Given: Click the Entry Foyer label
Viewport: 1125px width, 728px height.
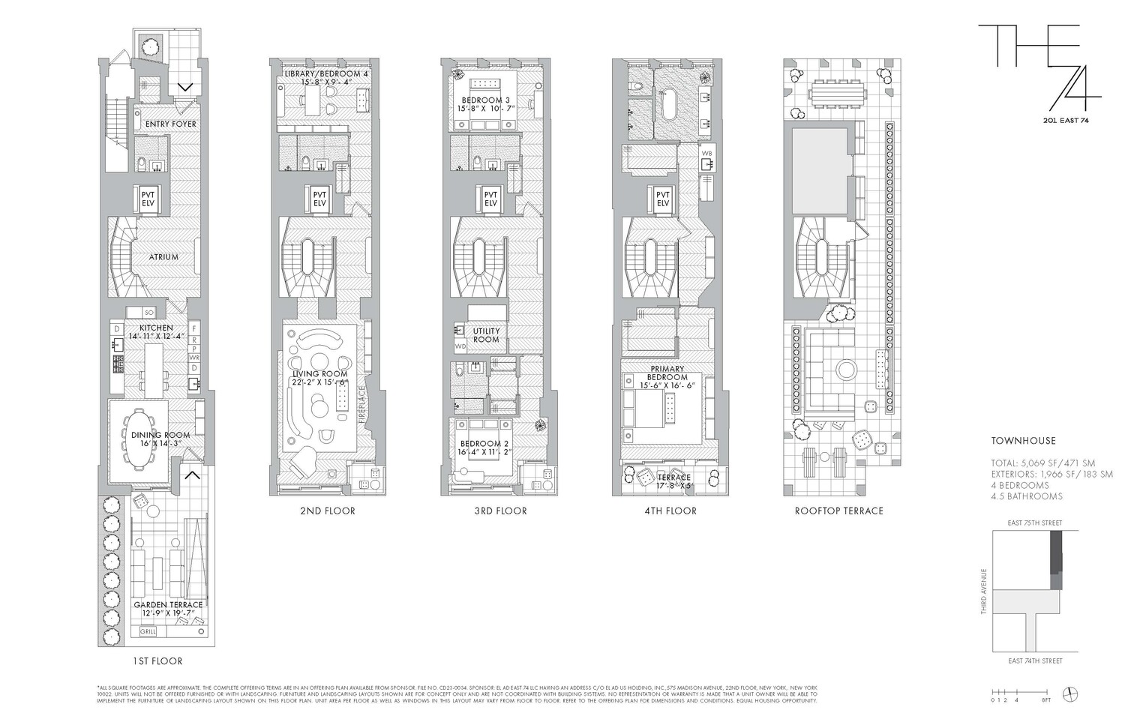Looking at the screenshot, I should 170,124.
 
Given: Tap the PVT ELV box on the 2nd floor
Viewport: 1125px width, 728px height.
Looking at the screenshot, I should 319,199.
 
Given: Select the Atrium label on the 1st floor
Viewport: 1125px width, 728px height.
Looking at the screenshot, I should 163,257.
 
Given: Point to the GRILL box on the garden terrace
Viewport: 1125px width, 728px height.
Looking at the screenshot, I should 150,632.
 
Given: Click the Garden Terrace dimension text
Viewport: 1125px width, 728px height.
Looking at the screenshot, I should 168,613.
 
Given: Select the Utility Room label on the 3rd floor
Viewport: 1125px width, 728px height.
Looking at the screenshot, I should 486,335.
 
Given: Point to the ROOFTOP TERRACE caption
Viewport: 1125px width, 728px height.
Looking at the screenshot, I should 838,511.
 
